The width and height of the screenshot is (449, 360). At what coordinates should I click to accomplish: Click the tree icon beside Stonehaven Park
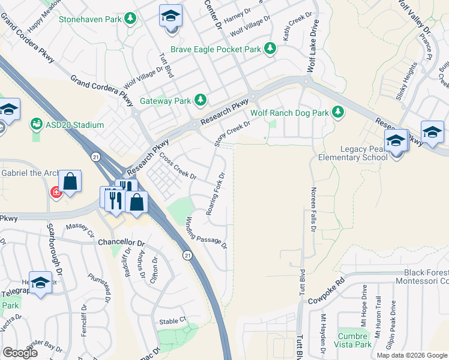pyautogui.click(x=130, y=19)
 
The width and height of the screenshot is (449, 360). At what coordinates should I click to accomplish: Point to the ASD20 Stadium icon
pyautogui.click(x=37, y=125)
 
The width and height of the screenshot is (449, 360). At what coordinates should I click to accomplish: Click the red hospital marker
pyautogui.click(x=56, y=192)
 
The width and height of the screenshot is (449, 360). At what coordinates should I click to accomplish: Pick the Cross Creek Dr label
pyautogui.click(x=178, y=166)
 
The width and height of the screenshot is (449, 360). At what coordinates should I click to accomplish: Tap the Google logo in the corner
pyautogui.click(x=20, y=352)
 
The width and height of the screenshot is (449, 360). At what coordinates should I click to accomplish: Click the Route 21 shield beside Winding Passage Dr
pyautogui.click(x=188, y=256)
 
